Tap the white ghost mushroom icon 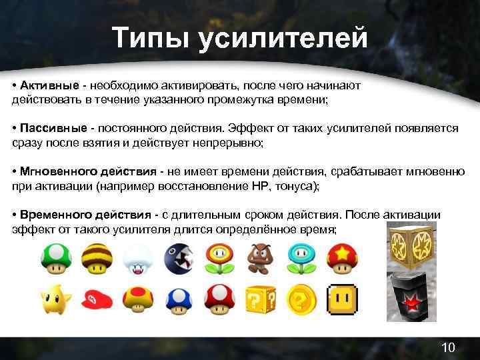coord(139,259)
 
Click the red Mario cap coord(97,300)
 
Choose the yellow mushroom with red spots coord(139,300)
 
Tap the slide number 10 coord(448,347)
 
